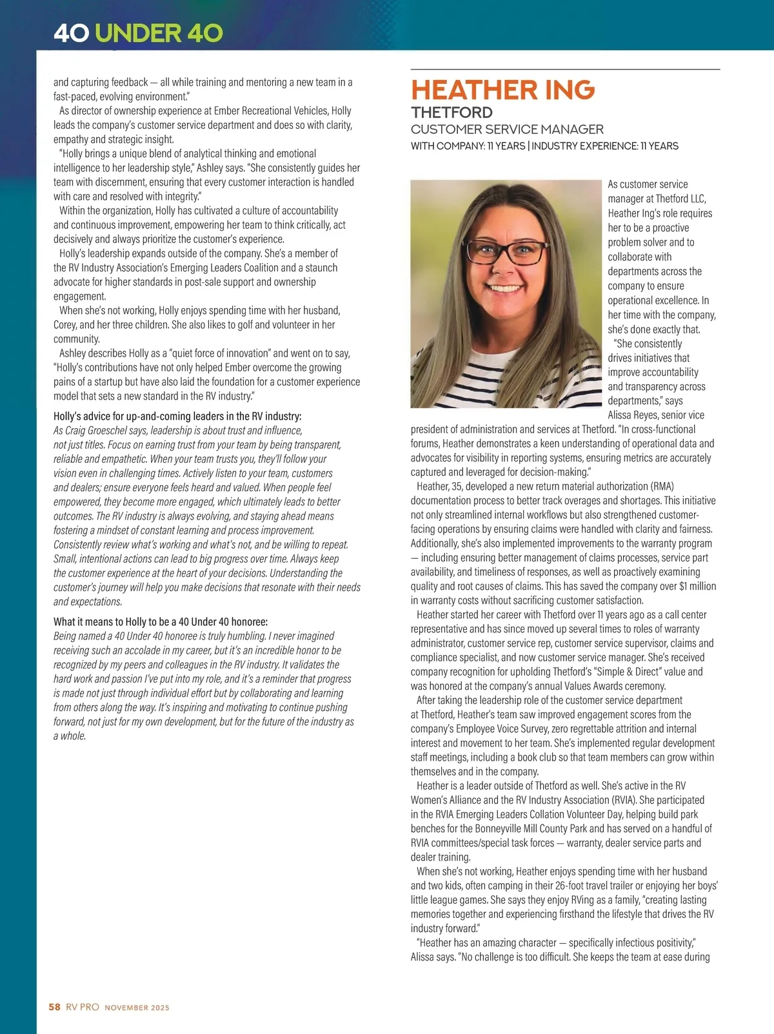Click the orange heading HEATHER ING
click(502, 90)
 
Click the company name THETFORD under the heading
click(451, 113)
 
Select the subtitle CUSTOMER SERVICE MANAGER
click(507, 130)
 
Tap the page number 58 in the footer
click(54, 1007)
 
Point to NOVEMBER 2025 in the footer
click(137, 1008)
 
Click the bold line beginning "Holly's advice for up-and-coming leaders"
click(177, 416)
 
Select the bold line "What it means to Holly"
click(161, 622)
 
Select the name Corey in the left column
click(64, 325)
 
